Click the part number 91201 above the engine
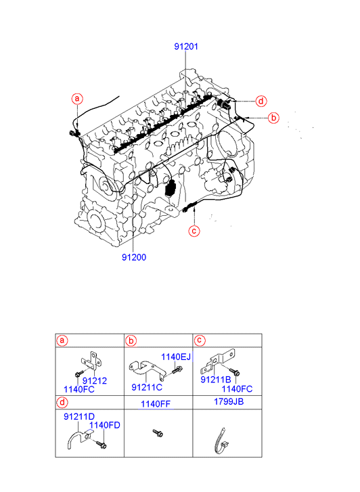186,47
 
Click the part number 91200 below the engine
134,257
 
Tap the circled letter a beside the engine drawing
77,99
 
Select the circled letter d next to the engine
261,102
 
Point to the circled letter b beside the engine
273,118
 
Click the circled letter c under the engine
194,231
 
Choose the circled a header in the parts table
62,340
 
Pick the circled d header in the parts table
62,402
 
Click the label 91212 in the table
95,381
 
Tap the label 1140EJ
176,357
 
